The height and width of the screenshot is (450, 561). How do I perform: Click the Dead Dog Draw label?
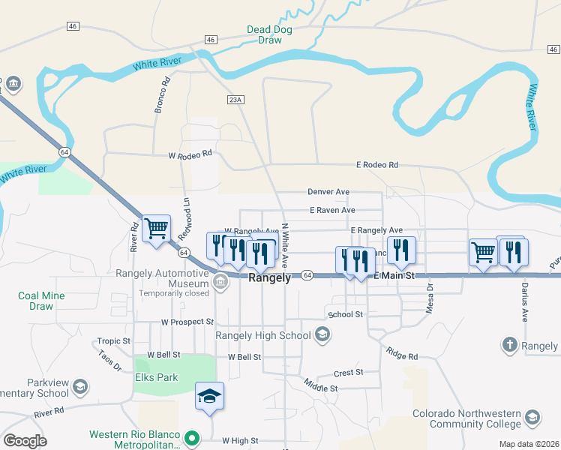click(x=269, y=34)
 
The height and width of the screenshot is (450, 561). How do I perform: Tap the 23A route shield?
click(x=235, y=99)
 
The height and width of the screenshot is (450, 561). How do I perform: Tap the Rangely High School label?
click(x=262, y=335)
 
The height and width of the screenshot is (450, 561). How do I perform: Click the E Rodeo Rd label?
click(x=376, y=165)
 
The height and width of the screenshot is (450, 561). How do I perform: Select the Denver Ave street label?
click(x=328, y=192)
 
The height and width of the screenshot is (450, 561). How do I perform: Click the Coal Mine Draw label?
click(x=41, y=301)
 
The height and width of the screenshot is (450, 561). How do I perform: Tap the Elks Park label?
click(x=157, y=377)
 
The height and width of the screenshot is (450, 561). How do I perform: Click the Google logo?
click(x=25, y=441)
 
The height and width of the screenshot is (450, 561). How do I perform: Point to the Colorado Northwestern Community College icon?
click(x=532, y=417)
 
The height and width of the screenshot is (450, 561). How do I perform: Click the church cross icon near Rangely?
click(x=510, y=345)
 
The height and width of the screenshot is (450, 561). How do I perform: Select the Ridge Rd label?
click(x=403, y=352)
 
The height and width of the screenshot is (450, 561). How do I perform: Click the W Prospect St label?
click(x=187, y=322)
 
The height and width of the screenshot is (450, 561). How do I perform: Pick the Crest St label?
click(x=348, y=372)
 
